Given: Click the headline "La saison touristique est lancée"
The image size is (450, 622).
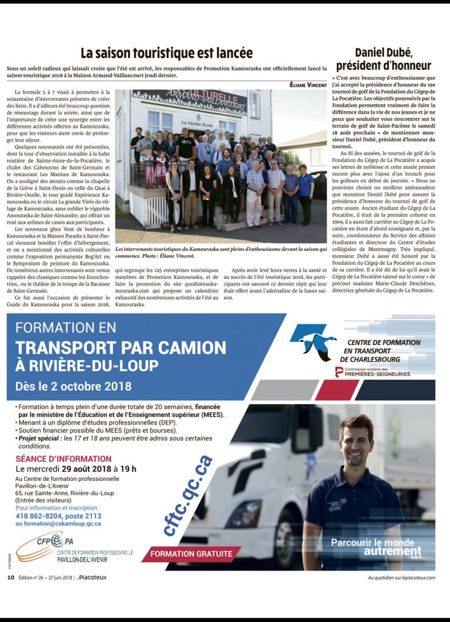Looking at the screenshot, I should tap(166, 53).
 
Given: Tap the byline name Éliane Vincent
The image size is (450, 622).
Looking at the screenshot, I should tap(308, 84).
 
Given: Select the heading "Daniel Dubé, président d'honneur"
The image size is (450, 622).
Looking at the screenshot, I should tap(383, 59).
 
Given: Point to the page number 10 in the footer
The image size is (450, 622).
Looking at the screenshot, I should tap(10, 577).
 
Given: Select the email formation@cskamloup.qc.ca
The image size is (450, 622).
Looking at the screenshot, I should tap(58, 523).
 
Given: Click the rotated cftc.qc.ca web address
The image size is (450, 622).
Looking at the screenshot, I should tap(188, 495).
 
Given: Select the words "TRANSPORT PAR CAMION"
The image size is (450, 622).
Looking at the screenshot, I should tap(121, 348).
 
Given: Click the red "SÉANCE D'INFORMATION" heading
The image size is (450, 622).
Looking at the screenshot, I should tap(63, 459).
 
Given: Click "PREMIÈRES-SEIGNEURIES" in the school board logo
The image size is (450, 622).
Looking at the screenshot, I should tap(377, 374).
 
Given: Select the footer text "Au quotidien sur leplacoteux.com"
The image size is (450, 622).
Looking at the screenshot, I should tap(401, 578).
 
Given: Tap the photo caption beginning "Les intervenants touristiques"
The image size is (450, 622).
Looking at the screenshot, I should tap(221, 253).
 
